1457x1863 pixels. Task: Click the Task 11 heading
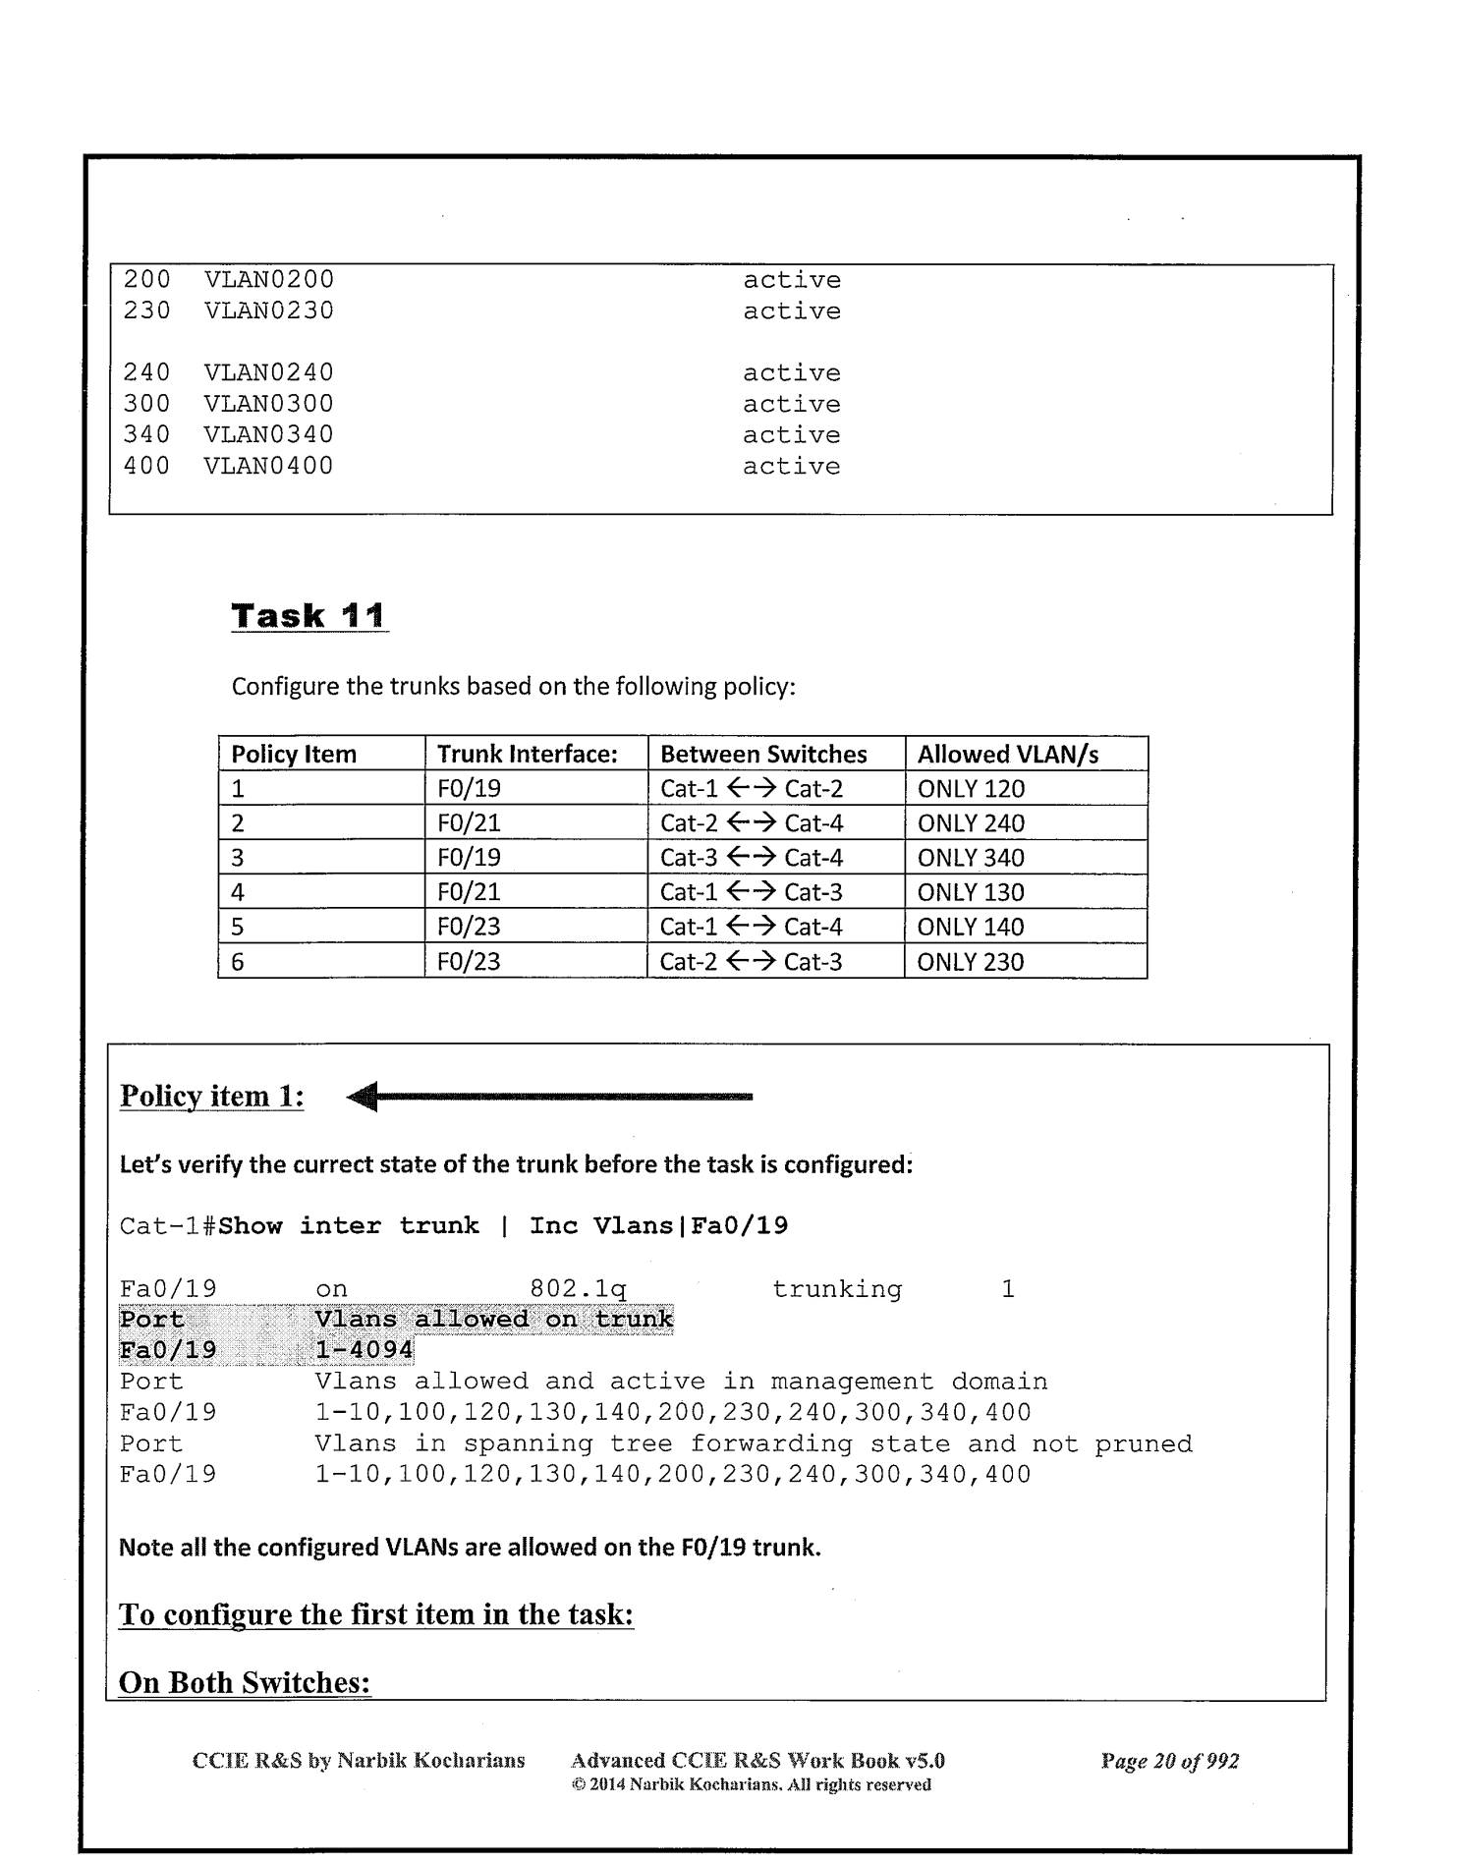coord(308,617)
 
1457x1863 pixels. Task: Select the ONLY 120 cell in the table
coord(971,789)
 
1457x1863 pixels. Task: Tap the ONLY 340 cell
coord(971,858)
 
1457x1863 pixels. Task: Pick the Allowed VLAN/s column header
coord(1007,755)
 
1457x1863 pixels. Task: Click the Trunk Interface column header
coord(527,755)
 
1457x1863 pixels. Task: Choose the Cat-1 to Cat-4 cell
coord(752,927)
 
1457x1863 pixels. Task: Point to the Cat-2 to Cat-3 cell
coord(752,961)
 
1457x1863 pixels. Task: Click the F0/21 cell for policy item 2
coord(469,823)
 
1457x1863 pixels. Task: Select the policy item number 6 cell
coord(238,961)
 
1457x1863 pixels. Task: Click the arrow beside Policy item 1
coord(550,1097)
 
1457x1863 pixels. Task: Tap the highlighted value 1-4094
coord(364,1350)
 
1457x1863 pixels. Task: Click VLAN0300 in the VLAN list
coord(268,404)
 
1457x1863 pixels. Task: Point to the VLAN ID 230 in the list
coord(146,311)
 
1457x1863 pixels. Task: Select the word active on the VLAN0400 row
coord(791,467)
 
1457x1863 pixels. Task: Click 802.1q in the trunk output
coord(578,1289)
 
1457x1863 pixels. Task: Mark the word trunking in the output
coord(836,1289)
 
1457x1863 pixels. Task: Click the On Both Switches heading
coord(245,1683)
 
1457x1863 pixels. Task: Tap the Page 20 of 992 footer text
coord(1169,1762)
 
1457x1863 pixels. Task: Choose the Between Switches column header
coord(763,755)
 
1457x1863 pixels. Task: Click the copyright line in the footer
coord(752,1784)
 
